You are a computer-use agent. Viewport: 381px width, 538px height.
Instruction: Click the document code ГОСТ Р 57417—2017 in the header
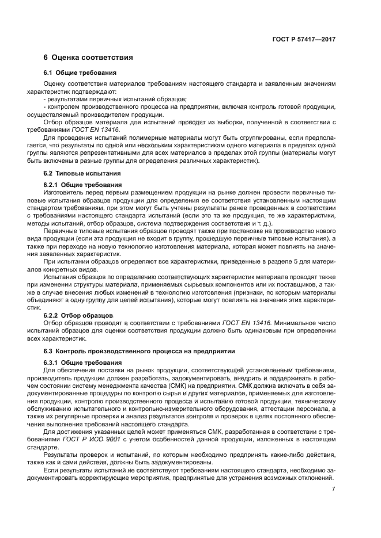click(x=304, y=39)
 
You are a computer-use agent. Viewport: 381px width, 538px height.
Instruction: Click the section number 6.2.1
click(x=52, y=184)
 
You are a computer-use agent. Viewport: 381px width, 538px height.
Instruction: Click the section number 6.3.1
click(x=52, y=362)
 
